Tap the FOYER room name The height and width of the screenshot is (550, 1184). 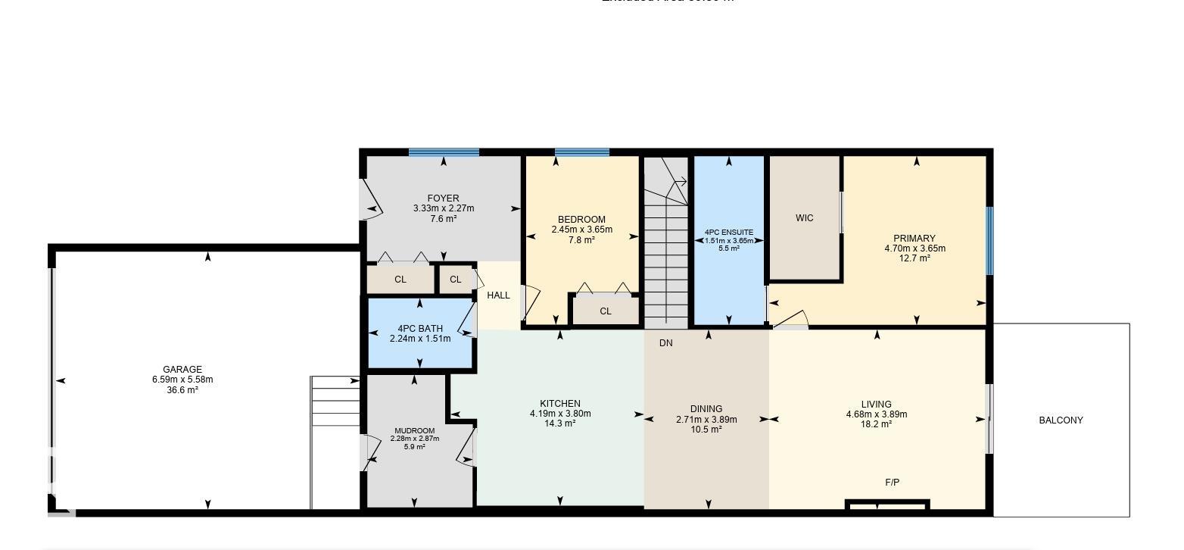(x=443, y=198)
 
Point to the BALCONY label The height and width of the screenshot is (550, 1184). (x=1061, y=420)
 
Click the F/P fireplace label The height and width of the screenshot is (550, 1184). (x=893, y=483)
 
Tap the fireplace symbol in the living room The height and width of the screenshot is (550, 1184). (x=887, y=505)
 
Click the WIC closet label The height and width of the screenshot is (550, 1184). (x=804, y=218)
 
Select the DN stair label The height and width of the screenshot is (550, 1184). (x=665, y=343)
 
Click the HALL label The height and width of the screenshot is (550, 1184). (x=498, y=295)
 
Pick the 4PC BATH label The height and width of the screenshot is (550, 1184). (x=419, y=329)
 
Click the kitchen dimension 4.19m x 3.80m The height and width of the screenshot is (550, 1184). (x=560, y=414)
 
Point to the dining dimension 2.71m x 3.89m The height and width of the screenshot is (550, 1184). (x=706, y=420)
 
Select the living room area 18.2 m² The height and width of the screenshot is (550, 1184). (x=876, y=424)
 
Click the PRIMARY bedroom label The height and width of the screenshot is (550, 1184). (x=914, y=238)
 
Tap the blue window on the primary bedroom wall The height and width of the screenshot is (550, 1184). (x=989, y=241)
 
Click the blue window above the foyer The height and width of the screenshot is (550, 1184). (x=444, y=152)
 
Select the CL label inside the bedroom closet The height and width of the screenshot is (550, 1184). (x=606, y=311)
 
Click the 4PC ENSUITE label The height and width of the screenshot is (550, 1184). (x=728, y=232)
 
